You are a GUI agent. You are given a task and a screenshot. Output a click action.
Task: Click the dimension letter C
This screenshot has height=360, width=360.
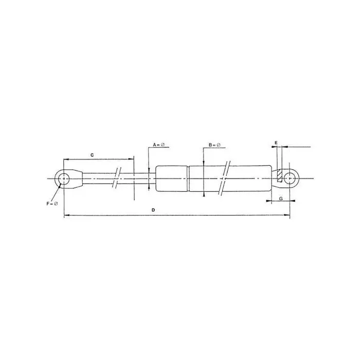tap(92, 155)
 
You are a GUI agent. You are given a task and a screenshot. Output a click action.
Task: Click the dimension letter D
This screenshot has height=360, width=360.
tap(153, 210)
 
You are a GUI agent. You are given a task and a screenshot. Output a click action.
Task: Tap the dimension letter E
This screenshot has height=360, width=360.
tap(276, 143)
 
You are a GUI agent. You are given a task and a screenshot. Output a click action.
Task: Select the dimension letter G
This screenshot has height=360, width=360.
tap(281, 199)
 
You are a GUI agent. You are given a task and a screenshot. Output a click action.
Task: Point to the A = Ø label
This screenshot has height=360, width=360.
tap(159, 145)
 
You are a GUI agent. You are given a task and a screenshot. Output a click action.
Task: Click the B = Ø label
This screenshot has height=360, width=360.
tap(214, 145)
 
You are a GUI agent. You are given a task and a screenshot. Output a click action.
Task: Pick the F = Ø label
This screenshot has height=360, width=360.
tap(52, 204)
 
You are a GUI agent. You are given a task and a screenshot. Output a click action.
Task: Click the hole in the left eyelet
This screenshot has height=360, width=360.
tap(64, 178)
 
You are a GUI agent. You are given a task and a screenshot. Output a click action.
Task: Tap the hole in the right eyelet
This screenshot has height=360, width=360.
tap(290, 178)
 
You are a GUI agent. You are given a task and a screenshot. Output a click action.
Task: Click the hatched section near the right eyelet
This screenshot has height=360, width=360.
tap(279, 176)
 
